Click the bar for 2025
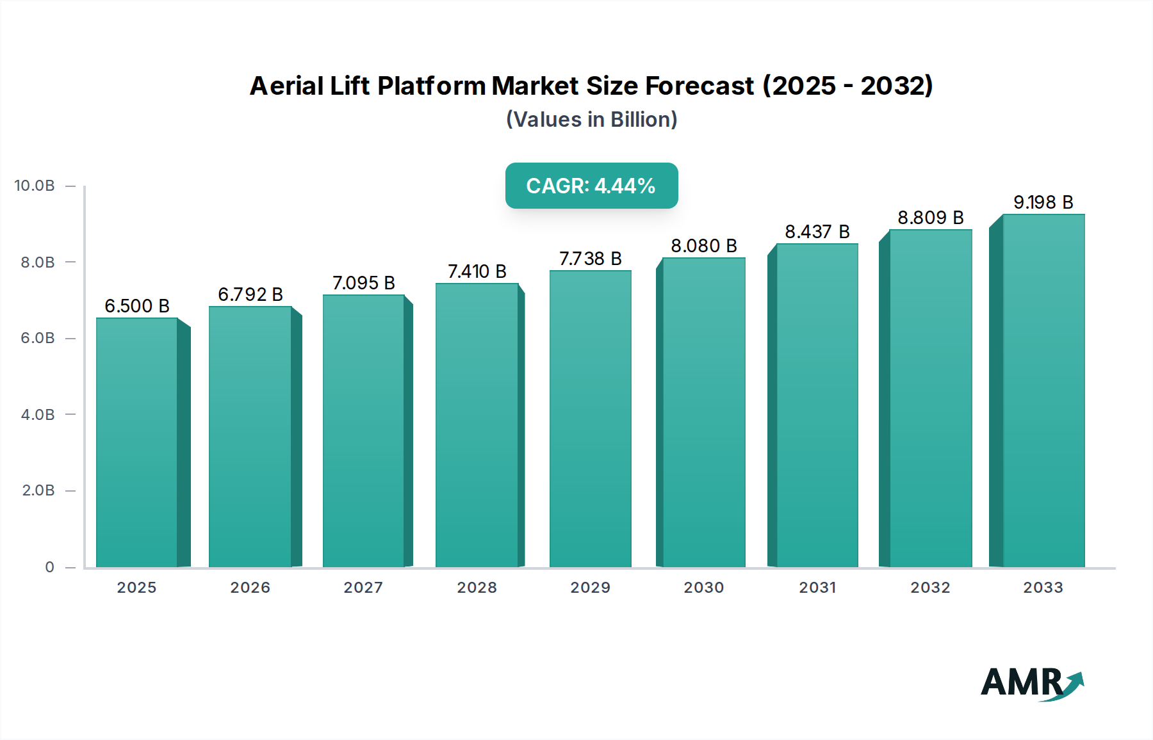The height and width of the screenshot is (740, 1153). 136,442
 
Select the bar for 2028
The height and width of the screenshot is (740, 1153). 477,425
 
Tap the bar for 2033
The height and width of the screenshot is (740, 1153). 1043,390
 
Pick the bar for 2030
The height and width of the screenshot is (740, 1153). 703,412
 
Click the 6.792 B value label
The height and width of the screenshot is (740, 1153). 250,294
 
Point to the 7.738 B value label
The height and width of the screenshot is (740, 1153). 590,259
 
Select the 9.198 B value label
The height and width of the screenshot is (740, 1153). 1043,202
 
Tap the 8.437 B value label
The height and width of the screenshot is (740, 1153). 817,232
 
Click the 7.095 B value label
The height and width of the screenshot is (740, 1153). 363,283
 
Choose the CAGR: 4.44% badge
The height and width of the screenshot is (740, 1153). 591,186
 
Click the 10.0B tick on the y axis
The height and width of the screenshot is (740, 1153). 35,186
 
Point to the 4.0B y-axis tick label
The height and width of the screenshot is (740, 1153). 38,414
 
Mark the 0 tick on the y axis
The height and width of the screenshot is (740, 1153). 49,567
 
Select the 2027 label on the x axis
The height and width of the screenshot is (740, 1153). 363,588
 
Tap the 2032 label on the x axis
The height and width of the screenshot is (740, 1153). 930,588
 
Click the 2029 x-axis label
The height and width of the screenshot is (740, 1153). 590,588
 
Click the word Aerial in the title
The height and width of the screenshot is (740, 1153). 286,86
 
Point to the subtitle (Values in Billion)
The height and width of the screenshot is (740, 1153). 591,120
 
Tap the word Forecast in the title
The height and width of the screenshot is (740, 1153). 699,86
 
